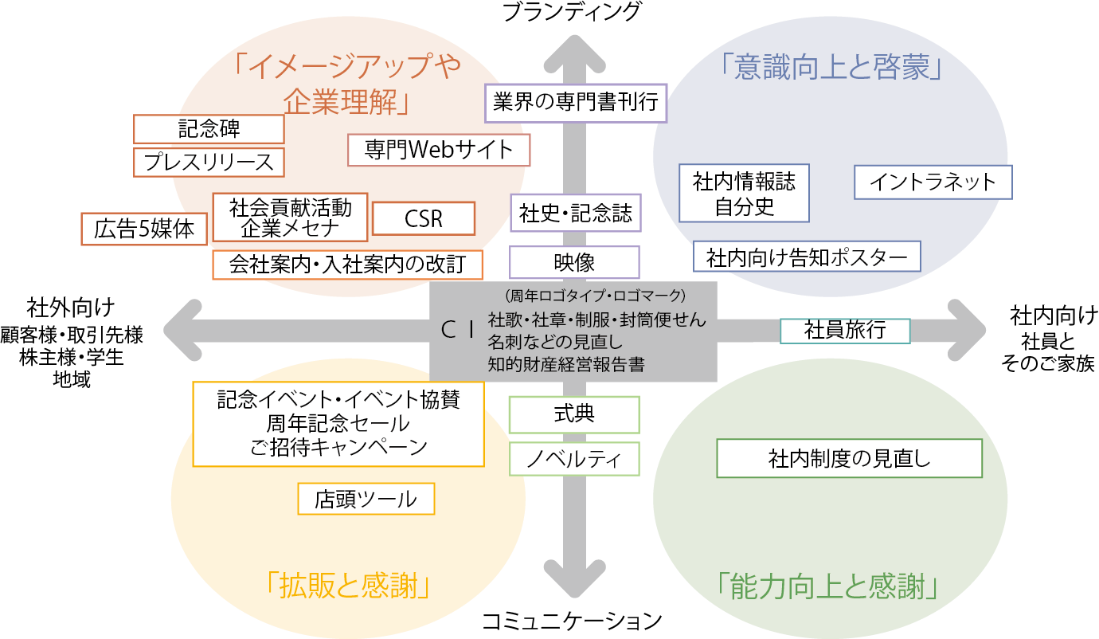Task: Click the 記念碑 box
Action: pyautogui.click(x=209, y=129)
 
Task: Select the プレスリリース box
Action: pyautogui.click(x=209, y=162)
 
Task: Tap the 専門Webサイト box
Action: pyautogui.click(x=439, y=150)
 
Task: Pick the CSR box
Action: pyautogui.click(x=423, y=218)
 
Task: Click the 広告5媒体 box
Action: pyautogui.click(x=144, y=229)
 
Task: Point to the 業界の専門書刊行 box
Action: pyautogui.click(x=575, y=104)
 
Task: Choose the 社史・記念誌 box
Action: pyautogui.click(x=575, y=214)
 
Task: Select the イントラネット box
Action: pyautogui.click(x=933, y=182)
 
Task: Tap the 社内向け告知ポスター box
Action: pyautogui.click(x=807, y=257)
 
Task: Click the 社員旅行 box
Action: pyautogui.click(x=845, y=330)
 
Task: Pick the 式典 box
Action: pyautogui.click(x=574, y=414)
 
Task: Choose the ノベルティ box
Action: pyautogui.click(x=574, y=459)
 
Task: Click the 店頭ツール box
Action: pyautogui.click(x=366, y=499)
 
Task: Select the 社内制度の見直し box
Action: pyautogui.click(x=849, y=458)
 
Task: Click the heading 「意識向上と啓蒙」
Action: pyautogui.click(x=831, y=69)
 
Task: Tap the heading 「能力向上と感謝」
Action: pyautogui.click(x=831, y=586)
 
